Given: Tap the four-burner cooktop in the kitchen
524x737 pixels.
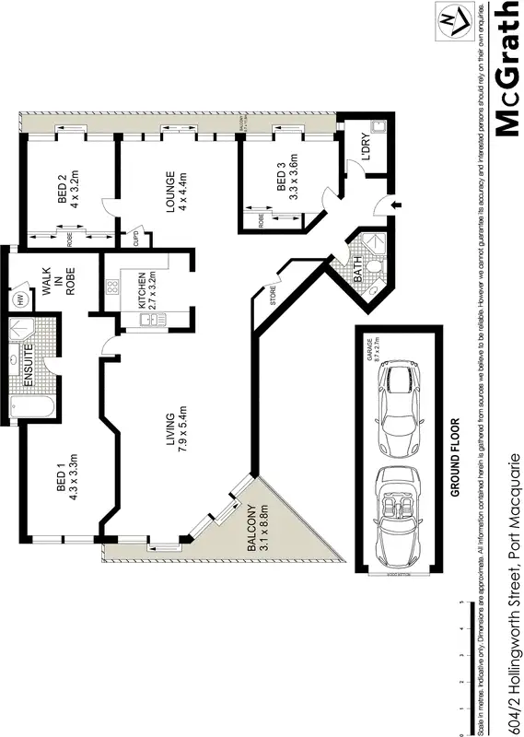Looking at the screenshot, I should click(113, 287).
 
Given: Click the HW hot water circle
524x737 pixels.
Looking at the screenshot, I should click(17, 298).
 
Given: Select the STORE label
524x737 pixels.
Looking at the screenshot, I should click(273, 296).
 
